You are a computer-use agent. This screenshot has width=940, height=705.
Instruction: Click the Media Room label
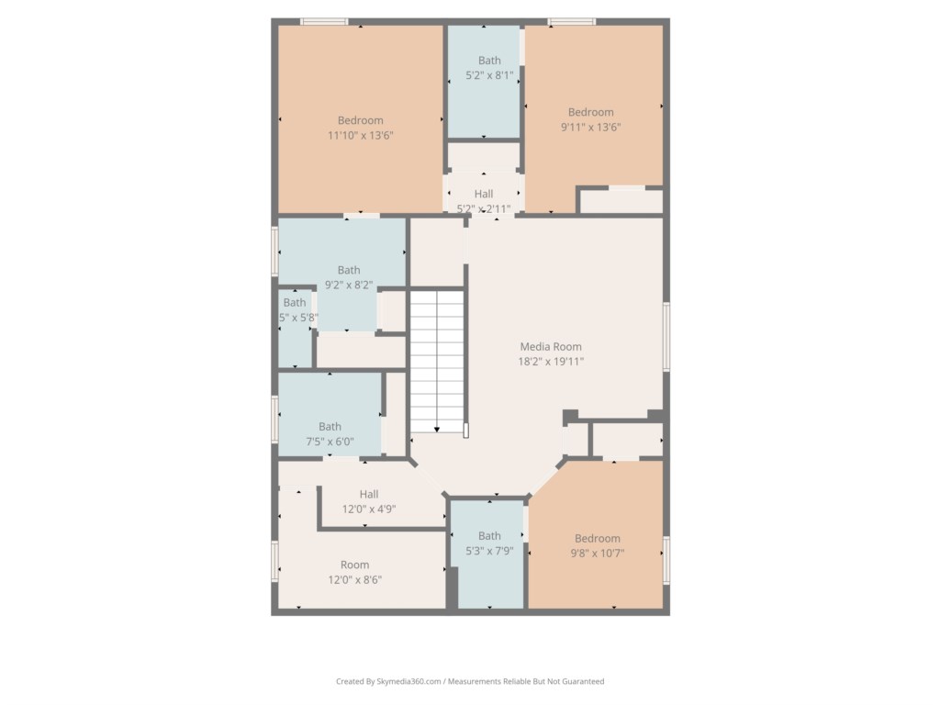(x=551, y=347)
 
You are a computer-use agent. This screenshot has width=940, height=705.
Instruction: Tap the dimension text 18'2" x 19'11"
(x=551, y=362)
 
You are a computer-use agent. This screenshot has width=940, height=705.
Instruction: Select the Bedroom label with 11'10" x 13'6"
(x=360, y=120)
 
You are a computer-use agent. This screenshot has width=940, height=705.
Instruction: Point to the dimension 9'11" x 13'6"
(x=590, y=128)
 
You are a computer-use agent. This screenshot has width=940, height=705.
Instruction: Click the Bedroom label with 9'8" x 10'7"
(x=597, y=539)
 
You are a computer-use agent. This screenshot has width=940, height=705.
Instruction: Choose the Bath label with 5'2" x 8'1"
(x=489, y=62)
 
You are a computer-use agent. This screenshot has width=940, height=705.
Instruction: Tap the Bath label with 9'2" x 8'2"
(x=349, y=270)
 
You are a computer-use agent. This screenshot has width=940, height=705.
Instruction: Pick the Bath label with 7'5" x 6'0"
(x=330, y=427)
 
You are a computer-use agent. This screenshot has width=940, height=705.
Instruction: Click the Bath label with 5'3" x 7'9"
(x=489, y=536)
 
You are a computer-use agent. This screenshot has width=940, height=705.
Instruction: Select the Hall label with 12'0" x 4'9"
(x=369, y=495)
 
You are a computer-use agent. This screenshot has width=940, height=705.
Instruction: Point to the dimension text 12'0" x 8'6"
(x=354, y=580)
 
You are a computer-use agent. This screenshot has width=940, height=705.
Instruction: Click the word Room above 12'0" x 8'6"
(x=354, y=565)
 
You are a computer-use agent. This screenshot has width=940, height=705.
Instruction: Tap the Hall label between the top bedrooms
(x=484, y=194)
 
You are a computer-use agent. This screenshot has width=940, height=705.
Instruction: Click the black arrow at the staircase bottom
(x=437, y=428)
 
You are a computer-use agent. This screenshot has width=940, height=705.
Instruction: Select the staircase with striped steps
(x=437, y=358)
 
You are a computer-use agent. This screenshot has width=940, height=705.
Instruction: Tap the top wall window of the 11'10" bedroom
(x=324, y=21)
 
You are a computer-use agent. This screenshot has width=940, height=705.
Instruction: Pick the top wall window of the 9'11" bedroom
(x=571, y=21)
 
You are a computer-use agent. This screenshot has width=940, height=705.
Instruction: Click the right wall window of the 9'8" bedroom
(x=666, y=560)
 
